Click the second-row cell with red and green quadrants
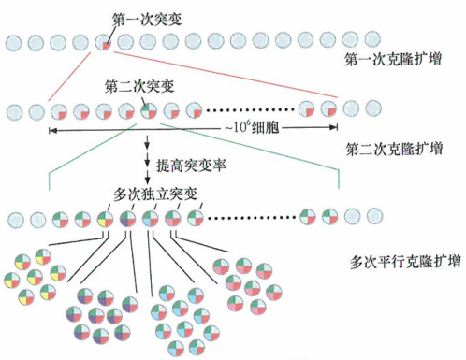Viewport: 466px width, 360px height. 150,110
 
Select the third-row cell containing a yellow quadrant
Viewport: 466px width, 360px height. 105,220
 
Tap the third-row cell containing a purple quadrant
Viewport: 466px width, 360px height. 127,220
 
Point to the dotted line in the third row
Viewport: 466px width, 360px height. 253,220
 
